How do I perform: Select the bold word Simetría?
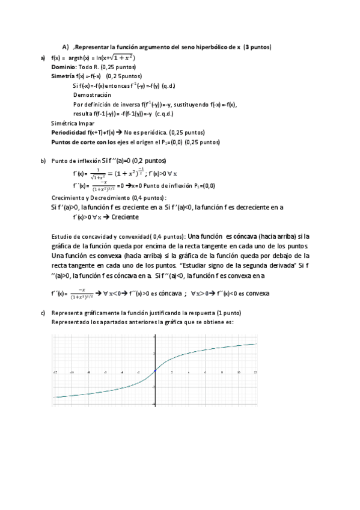[x=63, y=76]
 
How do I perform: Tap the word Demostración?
[x=92, y=95]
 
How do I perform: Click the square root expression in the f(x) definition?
[x=121, y=58]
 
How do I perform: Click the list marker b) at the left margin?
[x=43, y=161]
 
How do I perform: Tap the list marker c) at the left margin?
[x=43, y=313]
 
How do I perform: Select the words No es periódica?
[x=146, y=132]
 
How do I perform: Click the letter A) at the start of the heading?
[x=66, y=47]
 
